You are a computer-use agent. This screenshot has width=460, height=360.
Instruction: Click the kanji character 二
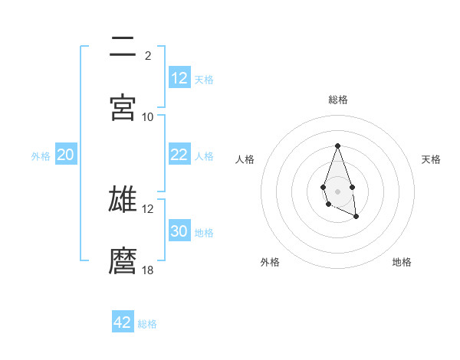(123, 47)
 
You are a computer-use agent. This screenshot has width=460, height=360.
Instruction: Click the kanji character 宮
(123, 107)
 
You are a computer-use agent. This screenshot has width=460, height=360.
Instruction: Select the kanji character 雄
(123, 199)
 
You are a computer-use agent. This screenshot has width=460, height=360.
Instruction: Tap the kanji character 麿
(123, 261)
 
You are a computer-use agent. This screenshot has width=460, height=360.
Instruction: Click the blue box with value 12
(179, 78)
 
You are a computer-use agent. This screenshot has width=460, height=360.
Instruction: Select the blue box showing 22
(179, 155)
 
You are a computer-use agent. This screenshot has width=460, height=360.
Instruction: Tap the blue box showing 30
(179, 231)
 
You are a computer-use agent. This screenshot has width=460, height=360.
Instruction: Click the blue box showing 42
(123, 322)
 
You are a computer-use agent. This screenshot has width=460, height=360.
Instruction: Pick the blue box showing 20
(65, 155)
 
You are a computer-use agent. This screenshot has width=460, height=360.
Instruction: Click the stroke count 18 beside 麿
(148, 270)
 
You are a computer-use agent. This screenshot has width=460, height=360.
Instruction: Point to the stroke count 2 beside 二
(148, 55)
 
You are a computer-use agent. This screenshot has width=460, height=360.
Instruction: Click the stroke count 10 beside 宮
(148, 116)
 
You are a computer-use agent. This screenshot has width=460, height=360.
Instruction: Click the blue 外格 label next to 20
(41, 155)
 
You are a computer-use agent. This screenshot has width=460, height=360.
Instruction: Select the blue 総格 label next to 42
(147, 323)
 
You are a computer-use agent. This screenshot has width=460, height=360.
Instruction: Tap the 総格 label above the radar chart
(338, 100)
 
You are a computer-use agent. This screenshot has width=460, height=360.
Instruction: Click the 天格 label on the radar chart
(432, 159)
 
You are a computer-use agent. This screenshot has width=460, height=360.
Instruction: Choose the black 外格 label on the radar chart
(270, 262)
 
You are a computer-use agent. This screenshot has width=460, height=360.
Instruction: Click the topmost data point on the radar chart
(337, 146)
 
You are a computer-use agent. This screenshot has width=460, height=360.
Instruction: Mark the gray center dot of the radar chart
(337, 190)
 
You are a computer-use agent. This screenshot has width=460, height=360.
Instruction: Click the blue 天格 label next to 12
(204, 79)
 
